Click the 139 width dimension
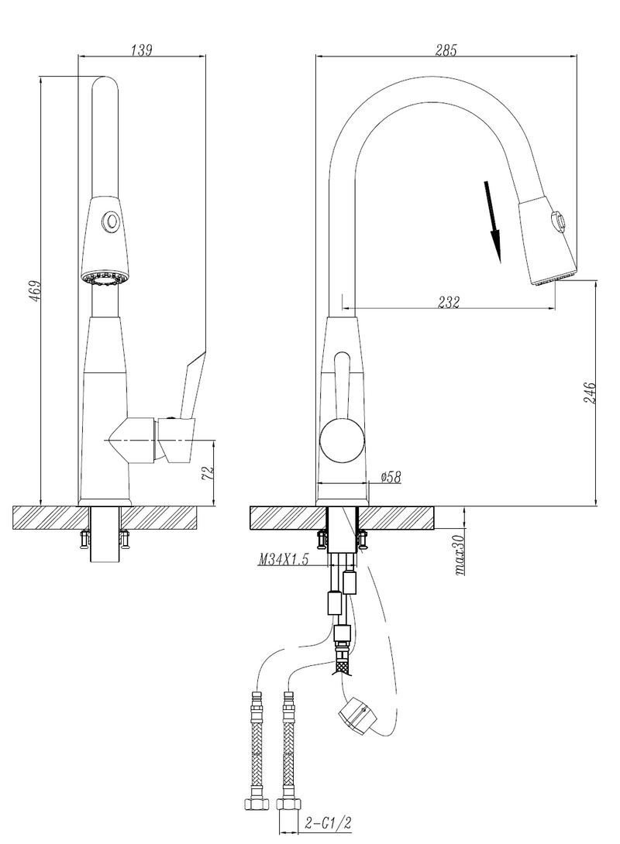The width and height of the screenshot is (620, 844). [142, 50]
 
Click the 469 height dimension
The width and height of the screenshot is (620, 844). [34, 290]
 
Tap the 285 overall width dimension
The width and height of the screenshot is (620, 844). [446, 50]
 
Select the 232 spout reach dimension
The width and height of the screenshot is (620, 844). [448, 302]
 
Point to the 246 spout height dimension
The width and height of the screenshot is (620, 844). [590, 393]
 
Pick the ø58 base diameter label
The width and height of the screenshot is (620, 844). [391, 476]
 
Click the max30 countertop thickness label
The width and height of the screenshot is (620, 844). [460, 555]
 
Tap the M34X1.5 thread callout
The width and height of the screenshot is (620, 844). [284, 560]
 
